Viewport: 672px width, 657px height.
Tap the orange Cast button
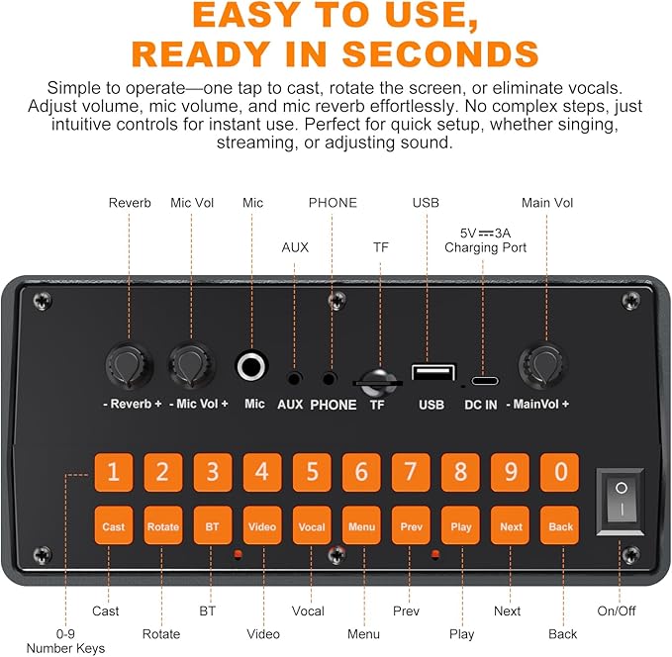pos(114,525)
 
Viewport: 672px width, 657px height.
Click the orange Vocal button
pos(312,525)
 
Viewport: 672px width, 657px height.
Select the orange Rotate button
pos(163,525)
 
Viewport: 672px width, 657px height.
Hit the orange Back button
pos(560,525)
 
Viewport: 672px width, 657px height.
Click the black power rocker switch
pos(621,502)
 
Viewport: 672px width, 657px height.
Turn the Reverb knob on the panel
pos(129,365)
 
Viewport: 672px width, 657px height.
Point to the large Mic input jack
pos(252,366)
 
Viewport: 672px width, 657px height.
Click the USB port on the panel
pos(433,372)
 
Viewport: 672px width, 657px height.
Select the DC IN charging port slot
pos(485,381)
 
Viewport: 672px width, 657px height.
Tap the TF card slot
pos(377,382)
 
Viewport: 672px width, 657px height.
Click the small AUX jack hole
pos(294,379)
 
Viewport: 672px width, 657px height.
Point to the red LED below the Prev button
pos(435,554)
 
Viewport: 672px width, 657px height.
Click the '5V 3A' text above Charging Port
pos(485,234)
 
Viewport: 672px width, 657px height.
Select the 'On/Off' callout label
pos(617,610)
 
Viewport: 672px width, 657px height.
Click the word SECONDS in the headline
pos(440,54)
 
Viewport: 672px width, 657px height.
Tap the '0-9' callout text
pos(65,633)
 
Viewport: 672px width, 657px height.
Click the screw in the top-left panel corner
pos(42,301)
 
